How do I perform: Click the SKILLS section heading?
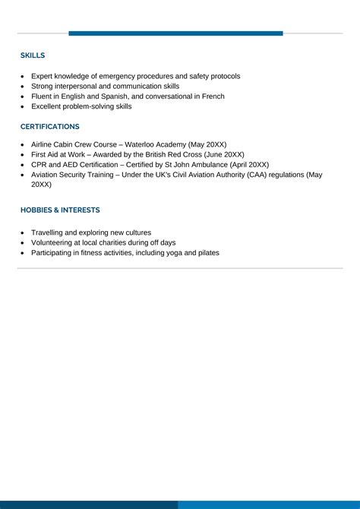click(33, 55)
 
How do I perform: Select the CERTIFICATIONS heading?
click(50, 126)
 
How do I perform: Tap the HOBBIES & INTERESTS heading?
click(60, 210)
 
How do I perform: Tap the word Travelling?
click(48, 232)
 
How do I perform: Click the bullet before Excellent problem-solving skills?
click(23, 107)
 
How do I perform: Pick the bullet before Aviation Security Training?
click(23, 175)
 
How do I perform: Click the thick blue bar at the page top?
click(175, 33)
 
